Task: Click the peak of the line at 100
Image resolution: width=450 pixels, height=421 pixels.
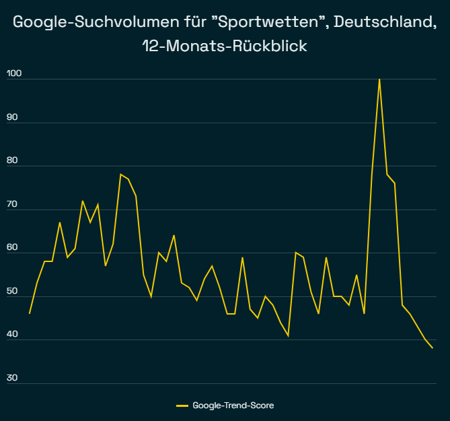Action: click(379, 79)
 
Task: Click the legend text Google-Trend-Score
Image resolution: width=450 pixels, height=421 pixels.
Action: click(233, 406)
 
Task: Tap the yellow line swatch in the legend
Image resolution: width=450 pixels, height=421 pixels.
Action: click(182, 406)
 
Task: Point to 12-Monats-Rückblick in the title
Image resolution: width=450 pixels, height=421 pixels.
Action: click(225, 48)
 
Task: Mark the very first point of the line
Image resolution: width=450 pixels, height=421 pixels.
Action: click(30, 313)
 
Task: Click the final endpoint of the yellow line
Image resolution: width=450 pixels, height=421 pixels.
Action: click(432, 348)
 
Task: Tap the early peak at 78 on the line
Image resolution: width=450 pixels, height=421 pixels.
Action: click(120, 174)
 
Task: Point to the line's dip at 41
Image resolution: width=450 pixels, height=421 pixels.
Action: click(288, 335)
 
